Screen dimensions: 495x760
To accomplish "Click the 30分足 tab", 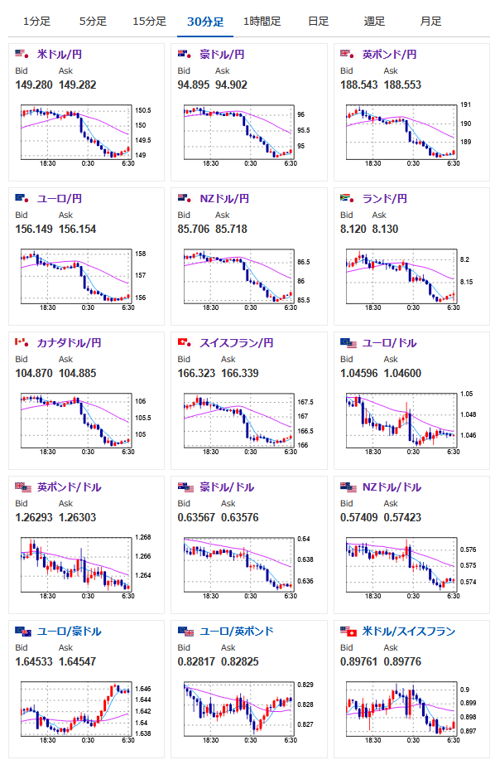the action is tap(205, 22).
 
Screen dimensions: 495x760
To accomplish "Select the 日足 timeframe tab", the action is tap(318, 22).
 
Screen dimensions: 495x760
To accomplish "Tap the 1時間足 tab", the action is tap(262, 22).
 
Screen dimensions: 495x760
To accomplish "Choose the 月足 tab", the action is tap(430, 22).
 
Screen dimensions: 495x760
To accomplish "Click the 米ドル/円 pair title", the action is tap(60, 55).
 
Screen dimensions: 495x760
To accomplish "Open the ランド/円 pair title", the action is tap(385, 199).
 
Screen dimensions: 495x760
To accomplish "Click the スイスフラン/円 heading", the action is tap(237, 343).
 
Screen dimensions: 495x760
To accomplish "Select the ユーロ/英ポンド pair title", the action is tap(237, 631).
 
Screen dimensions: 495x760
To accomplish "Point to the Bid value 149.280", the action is tap(34, 85).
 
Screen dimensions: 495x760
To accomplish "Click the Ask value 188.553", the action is tap(402, 85).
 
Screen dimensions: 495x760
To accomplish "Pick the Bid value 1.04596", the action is tap(359, 373).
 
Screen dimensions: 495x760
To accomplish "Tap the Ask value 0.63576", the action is tap(240, 517).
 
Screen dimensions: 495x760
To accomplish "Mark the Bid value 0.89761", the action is tap(359, 661).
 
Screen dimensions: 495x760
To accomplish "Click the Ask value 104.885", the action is tap(78, 373).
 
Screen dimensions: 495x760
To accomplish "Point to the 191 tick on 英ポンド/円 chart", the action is tap(465, 104).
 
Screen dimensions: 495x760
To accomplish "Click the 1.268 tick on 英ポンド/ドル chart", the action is tap(143, 537).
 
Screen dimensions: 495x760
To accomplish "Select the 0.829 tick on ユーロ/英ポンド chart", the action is tap(305, 685).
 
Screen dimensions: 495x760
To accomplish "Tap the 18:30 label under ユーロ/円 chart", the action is tap(47, 307).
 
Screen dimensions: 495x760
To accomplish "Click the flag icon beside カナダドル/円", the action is tap(22, 342).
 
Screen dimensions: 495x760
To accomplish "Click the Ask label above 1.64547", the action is tap(65, 647).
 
